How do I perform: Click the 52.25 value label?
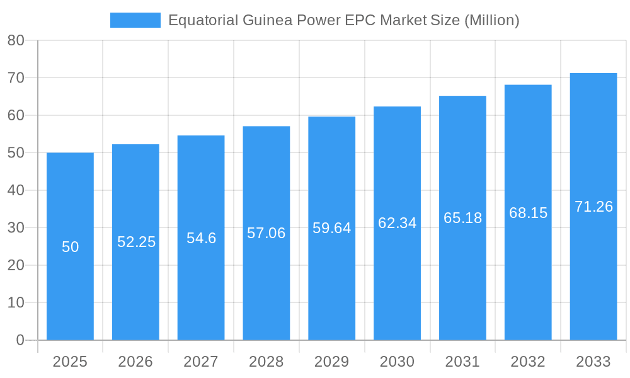pos(136,242)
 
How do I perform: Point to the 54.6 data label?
pos(201,238)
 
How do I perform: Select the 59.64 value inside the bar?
pos(331,228)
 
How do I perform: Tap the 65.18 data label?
pos(462,218)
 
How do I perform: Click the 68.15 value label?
pos(528,213)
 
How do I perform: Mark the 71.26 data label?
pos(593,207)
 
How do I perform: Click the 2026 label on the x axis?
pos(135,362)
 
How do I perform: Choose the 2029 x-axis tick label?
pos(331,362)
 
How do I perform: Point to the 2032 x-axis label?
pos(528,362)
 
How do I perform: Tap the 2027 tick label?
pos(201,362)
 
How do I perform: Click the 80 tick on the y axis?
pos(16,40)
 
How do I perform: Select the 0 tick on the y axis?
pos(20,340)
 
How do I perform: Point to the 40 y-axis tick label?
pos(16,190)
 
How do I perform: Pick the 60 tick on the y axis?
pos(16,115)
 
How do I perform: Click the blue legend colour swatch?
pos(135,20)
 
